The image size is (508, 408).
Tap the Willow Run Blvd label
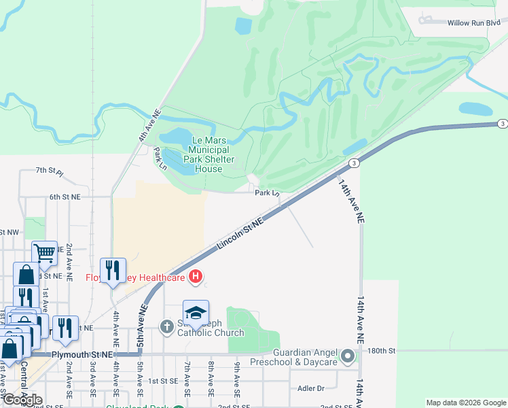click(473, 23)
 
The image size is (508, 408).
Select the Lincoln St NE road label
click(240, 233)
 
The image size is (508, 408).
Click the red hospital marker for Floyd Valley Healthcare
click(196, 276)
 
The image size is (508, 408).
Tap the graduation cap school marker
click(196, 313)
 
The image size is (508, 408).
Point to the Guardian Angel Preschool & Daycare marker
click(348, 356)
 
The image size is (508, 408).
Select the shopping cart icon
click(44, 253)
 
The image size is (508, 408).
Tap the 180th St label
click(382, 351)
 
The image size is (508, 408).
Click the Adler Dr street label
click(312, 388)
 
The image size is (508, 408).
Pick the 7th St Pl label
click(49, 171)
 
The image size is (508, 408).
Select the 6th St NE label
click(65, 197)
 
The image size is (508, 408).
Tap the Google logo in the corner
click(22, 400)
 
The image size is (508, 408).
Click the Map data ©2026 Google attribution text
click(465, 403)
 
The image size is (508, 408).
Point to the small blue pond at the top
click(243, 26)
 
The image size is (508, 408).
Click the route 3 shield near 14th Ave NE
click(354, 163)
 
